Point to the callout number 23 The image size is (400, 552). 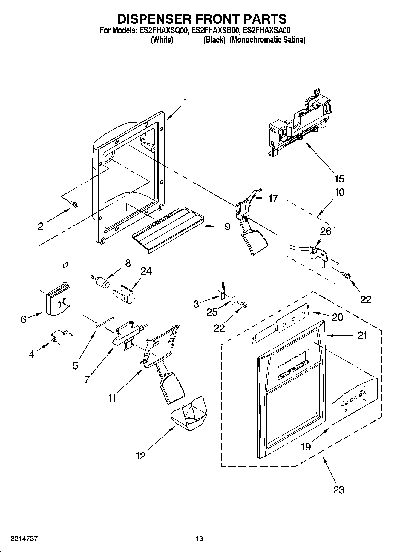tap(338, 490)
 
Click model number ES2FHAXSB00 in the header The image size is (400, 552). tap(215, 30)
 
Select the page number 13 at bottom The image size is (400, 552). tap(199, 539)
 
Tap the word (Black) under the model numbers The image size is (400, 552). tap(214, 40)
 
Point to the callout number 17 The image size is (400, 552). tap(273, 198)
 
